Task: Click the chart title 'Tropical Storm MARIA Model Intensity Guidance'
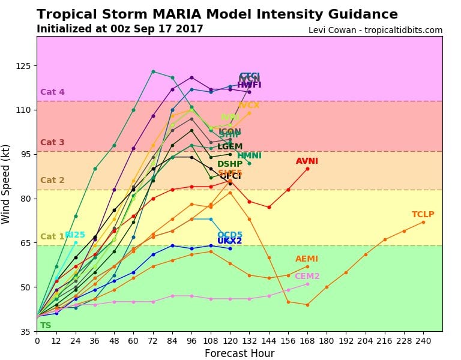217,14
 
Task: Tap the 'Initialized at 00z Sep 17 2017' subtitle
119,29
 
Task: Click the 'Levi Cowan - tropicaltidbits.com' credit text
375,30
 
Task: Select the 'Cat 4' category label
52,92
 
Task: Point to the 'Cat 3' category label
52,143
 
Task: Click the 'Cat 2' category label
52,180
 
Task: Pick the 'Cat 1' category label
52,236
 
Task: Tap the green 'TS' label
46,325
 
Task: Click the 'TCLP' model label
423,215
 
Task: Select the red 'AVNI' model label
307,161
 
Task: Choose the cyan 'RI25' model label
75,235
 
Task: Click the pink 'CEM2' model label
307,276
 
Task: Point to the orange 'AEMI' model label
307,259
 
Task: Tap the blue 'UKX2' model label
229,241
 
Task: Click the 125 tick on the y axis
26,65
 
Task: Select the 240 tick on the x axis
423,340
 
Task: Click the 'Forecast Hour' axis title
239,353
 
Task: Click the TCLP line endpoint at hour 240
423,222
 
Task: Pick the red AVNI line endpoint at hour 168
307,169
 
